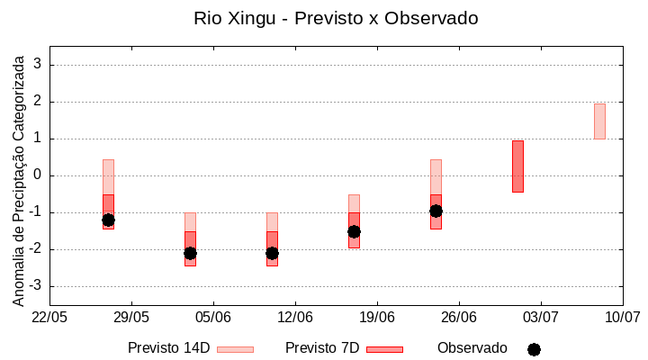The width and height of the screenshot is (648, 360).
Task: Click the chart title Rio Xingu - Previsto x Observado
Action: coord(336,18)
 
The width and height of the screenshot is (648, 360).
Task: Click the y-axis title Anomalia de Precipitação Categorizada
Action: coord(18,178)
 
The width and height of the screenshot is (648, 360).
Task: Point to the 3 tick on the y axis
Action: coord(38,65)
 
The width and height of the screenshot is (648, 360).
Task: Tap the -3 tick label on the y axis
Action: coord(34,286)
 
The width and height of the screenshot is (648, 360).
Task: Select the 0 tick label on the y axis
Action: coord(38,175)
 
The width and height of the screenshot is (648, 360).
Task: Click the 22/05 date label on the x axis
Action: coord(49,317)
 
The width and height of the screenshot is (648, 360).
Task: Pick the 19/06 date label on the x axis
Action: coord(377,317)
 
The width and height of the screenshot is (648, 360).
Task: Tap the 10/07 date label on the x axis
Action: coord(622,317)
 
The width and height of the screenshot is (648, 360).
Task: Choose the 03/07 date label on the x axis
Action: coord(540,317)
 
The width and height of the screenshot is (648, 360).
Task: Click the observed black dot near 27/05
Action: coord(108,220)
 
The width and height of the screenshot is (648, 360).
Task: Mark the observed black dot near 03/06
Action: coord(190,253)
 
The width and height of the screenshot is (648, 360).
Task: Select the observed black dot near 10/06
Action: coord(272,253)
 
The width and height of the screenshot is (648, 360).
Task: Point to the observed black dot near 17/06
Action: coord(354,231)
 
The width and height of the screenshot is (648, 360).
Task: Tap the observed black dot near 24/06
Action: coord(436,211)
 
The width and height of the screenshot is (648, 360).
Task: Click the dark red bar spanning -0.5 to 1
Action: coord(517,166)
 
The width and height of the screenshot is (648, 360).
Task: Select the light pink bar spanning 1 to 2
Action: coord(599,121)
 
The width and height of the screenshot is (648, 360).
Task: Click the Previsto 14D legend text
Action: coord(168,348)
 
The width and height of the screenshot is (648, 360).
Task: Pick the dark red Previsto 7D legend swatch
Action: coord(384,349)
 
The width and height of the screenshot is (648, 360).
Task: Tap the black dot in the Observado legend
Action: coord(534,349)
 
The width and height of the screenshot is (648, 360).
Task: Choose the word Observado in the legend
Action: coord(472,348)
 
